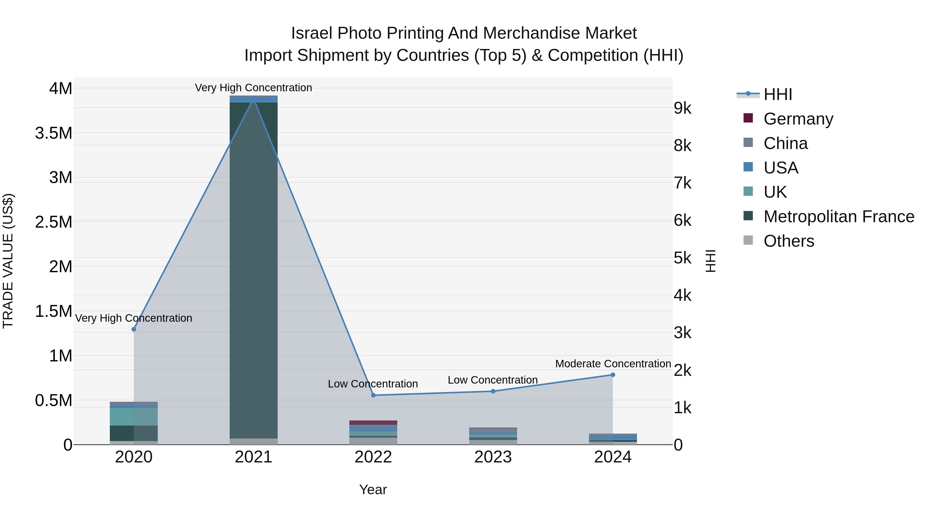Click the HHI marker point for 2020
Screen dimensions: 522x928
pos(134,329)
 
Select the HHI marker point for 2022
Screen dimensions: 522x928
pos(373,395)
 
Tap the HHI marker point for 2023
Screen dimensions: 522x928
pos(493,391)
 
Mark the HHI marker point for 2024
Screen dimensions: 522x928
pos(613,375)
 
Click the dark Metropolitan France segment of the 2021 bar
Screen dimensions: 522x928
pos(254,270)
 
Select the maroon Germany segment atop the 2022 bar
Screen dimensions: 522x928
pos(373,422)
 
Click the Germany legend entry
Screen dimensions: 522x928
pos(798,119)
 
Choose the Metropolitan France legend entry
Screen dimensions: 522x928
pos(838,217)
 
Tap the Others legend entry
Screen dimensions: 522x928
pos(788,241)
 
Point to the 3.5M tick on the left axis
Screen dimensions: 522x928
pos(53,133)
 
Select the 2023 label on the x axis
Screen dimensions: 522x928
pos(493,457)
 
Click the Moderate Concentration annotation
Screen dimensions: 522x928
pos(613,364)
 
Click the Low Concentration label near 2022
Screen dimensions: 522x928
pos(372,384)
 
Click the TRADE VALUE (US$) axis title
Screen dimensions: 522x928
pos(8,261)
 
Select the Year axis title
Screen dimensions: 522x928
pos(373,490)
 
